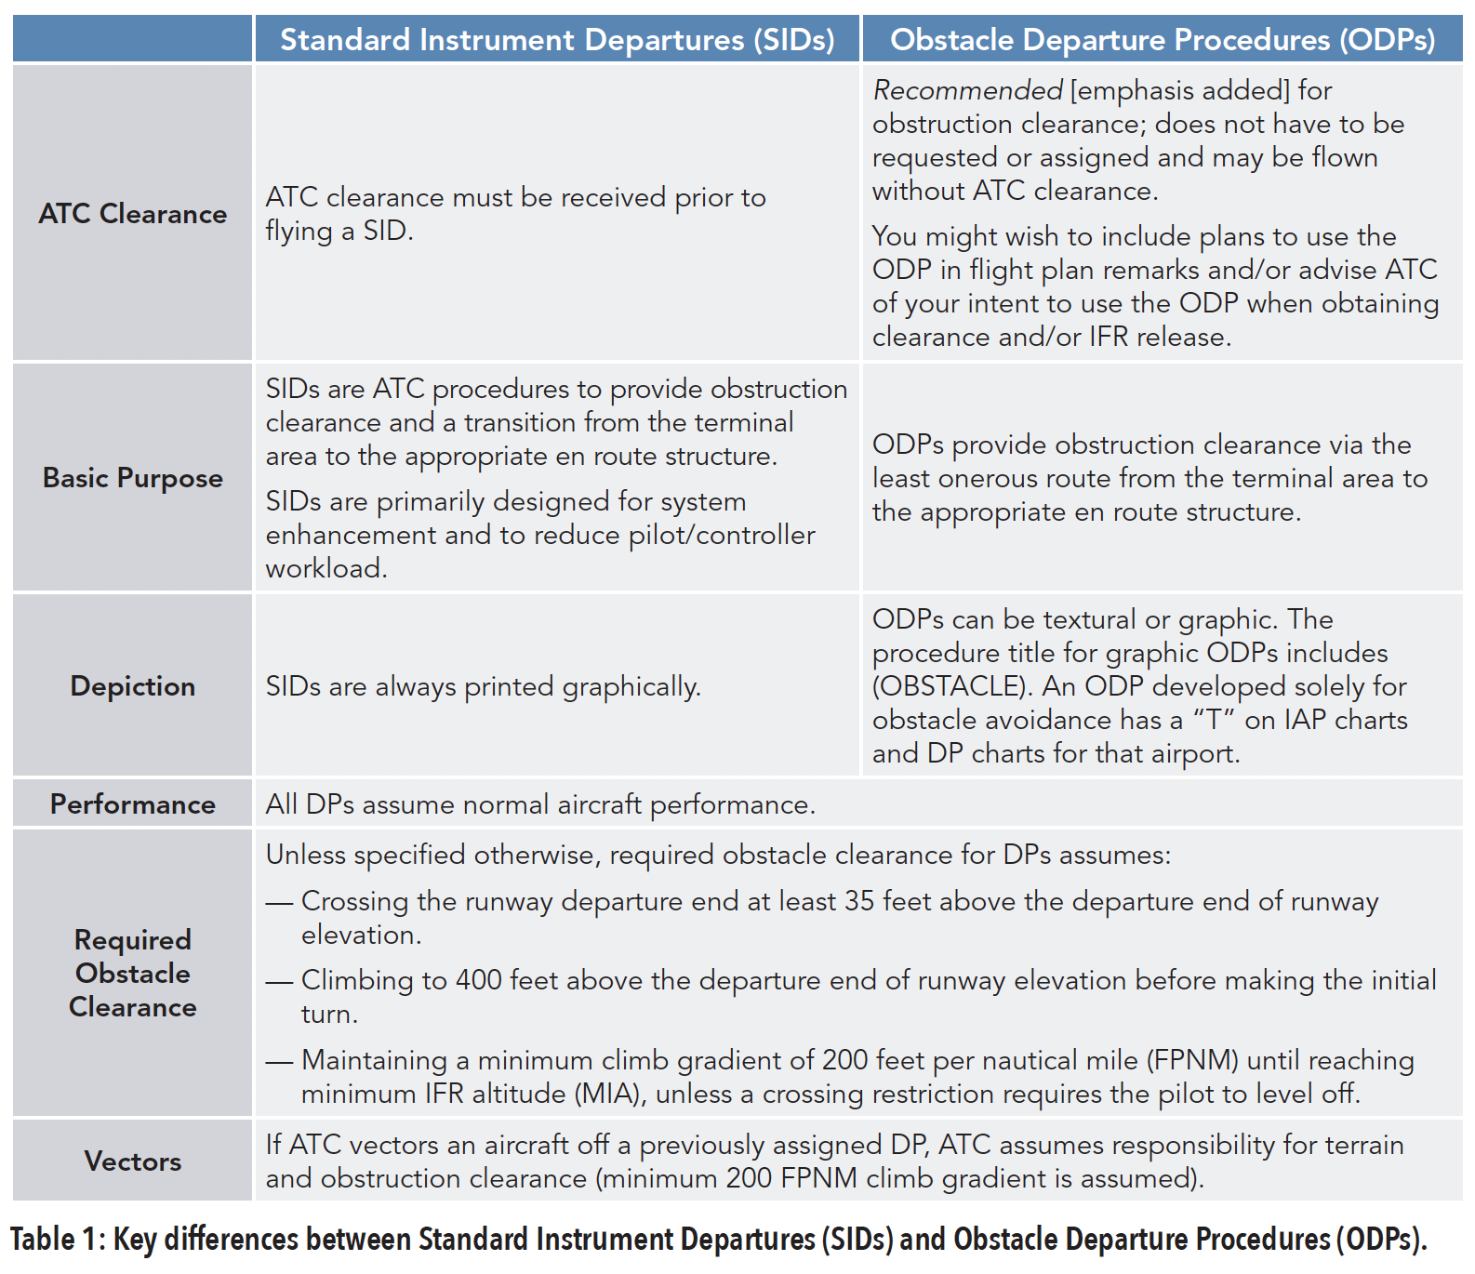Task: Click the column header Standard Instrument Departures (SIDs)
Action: tap(557, 40)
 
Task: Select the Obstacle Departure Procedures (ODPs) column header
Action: tap(1163, 40)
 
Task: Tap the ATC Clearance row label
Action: tap(133, 214)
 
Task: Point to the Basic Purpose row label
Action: tap(133, 478)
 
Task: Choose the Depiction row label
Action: tap(133, 686)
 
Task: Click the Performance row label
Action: tap(133, 804)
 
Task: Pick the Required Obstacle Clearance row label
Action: tap(133, 974)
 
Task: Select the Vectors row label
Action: tap(133, 1161)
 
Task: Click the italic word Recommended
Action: tap(967, 90)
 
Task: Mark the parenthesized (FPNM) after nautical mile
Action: tap(1192, 1060)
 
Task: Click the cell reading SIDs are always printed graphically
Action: tap(484, 687)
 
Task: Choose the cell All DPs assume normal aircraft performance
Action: tap(540, 804)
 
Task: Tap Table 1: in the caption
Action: tap(58, 1240)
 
